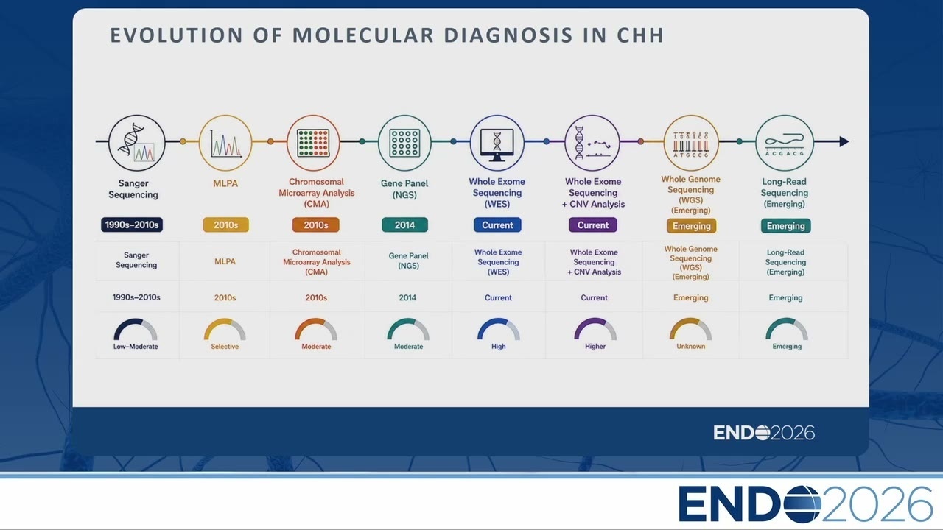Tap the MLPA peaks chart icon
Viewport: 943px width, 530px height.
pos(225,143)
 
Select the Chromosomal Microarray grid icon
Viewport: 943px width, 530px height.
pos(313,143)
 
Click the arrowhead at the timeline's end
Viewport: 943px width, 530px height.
pos(844,142)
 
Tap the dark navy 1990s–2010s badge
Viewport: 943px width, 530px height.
pos(132,225)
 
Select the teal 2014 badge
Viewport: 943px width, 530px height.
pos(404,225)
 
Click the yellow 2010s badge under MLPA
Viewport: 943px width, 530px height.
pos(225,225)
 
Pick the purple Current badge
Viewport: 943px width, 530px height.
pos(593,225)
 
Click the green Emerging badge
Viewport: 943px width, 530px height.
pos(785,226)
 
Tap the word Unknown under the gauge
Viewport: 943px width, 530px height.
pos(691,346)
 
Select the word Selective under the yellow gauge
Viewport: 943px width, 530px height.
pos(225,347)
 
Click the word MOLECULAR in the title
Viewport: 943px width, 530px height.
pos(363,35)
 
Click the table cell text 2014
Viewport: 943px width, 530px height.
pos(407,298)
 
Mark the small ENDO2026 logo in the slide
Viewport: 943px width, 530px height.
pos(764,433)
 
